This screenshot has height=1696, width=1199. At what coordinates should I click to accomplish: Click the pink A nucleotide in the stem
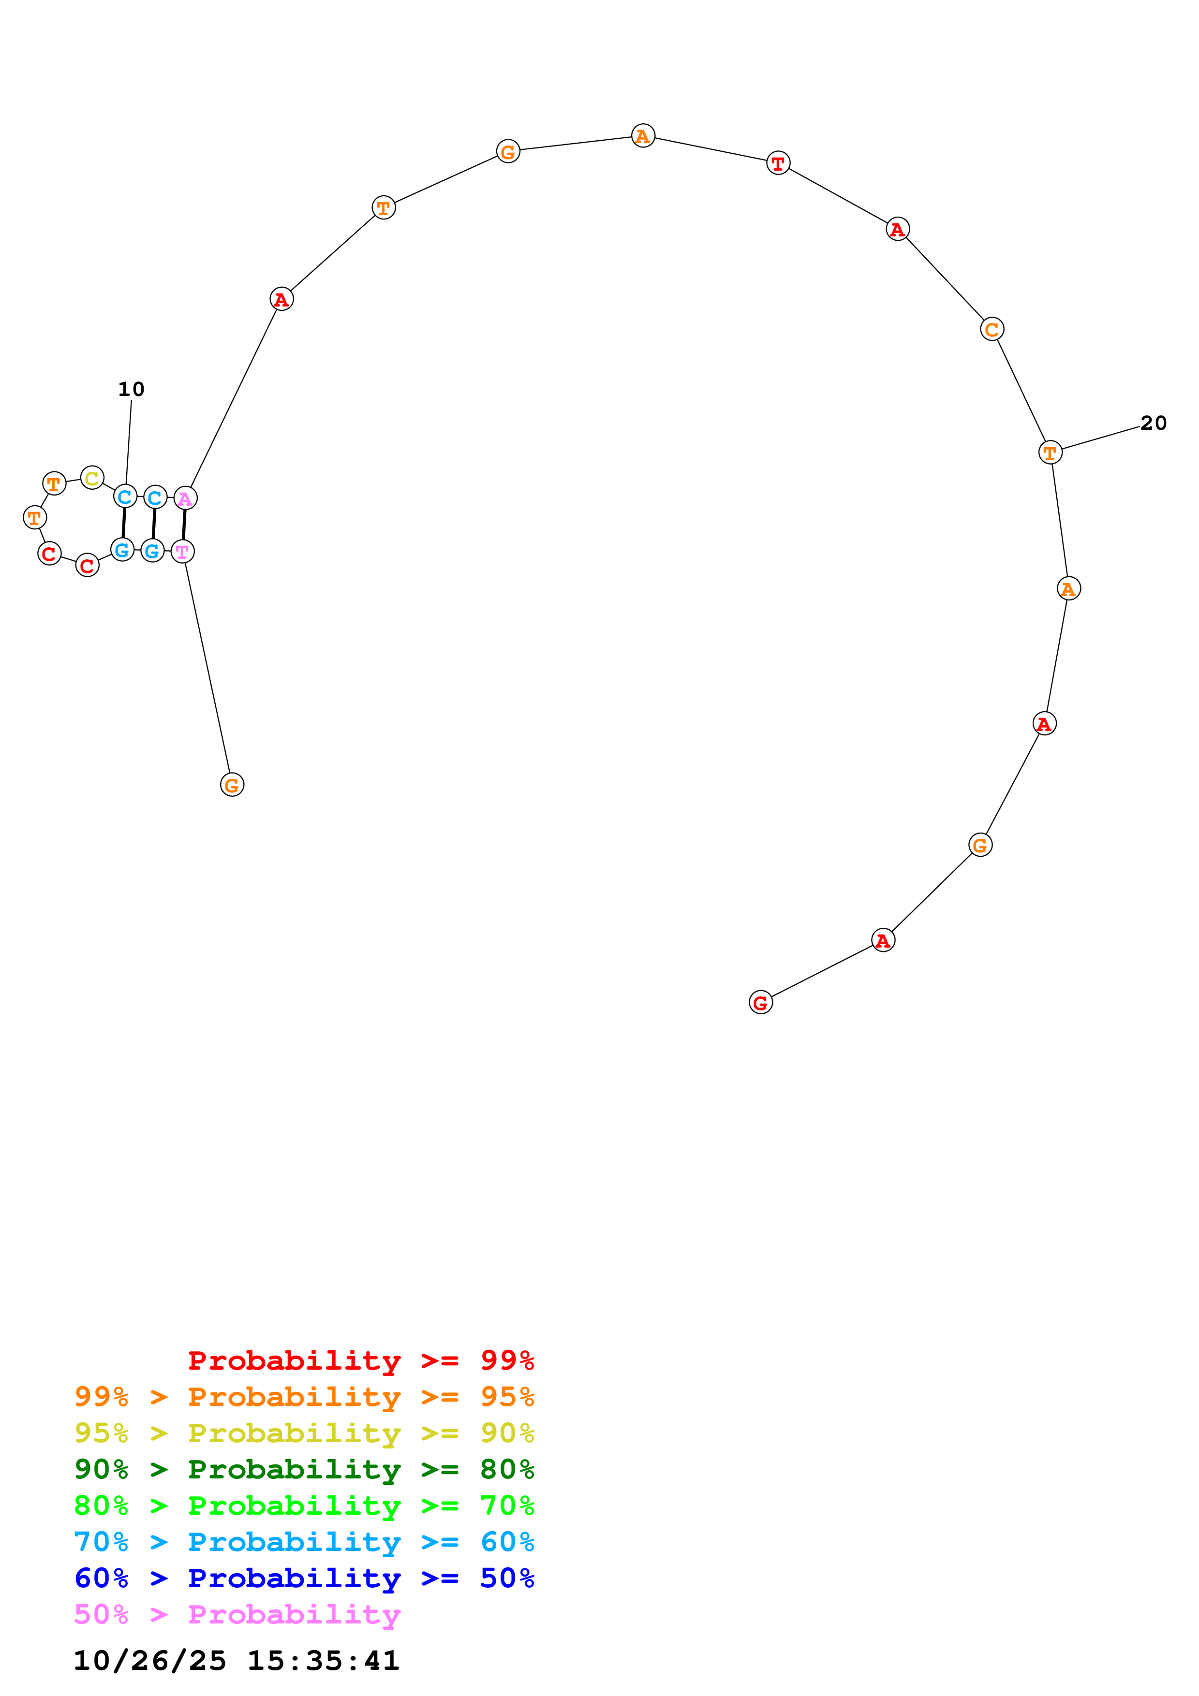(x=185, y=498)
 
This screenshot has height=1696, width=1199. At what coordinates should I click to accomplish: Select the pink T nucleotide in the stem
(x=182, y=552)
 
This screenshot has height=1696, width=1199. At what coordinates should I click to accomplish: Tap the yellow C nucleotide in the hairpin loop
(x=91, y=479)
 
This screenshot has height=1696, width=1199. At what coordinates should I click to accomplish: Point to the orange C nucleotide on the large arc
(x=992, y=329)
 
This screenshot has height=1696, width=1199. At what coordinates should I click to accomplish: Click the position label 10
(x=132, y=389)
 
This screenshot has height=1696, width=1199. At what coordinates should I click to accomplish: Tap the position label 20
(x=1153, y=423)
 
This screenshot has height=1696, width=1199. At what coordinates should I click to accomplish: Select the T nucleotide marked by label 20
(x=1050, y=453)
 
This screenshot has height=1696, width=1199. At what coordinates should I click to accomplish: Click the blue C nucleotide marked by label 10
(x=125, y=497)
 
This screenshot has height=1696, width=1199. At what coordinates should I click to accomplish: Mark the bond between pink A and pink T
(x=184, y=525)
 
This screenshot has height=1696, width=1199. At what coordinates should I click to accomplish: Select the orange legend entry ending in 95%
(x=304, y=1397)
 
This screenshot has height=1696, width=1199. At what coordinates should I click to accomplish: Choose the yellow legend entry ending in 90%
(x=304, y=1433)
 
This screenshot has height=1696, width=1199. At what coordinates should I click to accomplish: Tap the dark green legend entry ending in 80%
(x=304, y=1469)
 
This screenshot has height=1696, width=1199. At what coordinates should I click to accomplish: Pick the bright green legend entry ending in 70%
(x=304, y=1506)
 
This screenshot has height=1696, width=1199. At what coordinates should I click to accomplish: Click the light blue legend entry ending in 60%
(x=304, y=1542)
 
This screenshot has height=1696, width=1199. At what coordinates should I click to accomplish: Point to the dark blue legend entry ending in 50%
(x=304, y=1578)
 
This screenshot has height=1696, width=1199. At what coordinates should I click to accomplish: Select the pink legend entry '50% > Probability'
(x=237, y=1614)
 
